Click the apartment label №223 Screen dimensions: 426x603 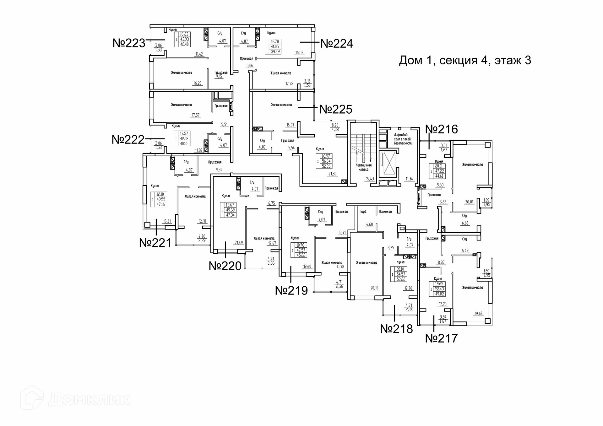pyautogui.click(x=129, y=43)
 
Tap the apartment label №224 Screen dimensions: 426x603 pyautogui.click(x=336, y=43)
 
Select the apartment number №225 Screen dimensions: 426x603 pyautogui.click(x=336, y=109)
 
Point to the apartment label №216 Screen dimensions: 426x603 pyautogui.click(x=441, y=129)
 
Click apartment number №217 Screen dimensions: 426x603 pyautogui.click(x=441, y=338)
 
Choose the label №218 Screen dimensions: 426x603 pyautogui.click(x=396, y=329)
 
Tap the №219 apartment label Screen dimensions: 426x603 pyautogui.click(x=291, y=290)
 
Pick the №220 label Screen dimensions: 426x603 pyautogui.click(x=225, y=266)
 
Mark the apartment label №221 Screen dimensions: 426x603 pyautogui.click(x=155, y=243)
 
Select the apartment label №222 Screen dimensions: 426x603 pyautogui.click(x=128, y=139)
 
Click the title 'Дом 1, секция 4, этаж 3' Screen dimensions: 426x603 pyautogui.click(x=465, y=60)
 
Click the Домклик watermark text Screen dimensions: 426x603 pyautogui.click(x=89, y=399)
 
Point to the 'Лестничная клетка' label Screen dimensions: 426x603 pyautogui.click(x=363, y=167)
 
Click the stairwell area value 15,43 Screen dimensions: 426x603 pyautogui.click(x=370, y=179)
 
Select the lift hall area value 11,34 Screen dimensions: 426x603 pyautogui.click(x=409, y=179)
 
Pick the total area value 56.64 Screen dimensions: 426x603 pyautogui.click(x=326, y=161)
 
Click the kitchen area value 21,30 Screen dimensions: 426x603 pyautogui.click(x=332, y=174)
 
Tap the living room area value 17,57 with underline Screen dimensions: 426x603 pyautogui.click(x=195, y=115)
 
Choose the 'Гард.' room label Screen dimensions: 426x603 pyautogui.click(x=363, y=212)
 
